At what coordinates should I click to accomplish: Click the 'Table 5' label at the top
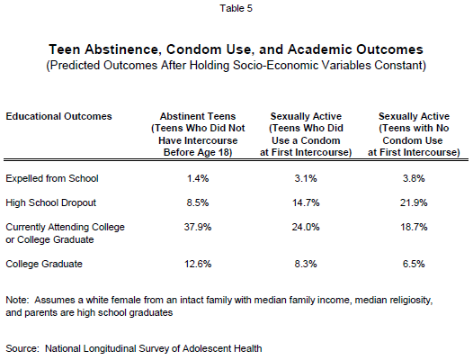(236, 8)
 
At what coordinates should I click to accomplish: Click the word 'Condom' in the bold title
(193, 49)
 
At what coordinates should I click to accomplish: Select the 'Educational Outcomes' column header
(58, 116)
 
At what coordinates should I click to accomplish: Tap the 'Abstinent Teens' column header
(198, 116)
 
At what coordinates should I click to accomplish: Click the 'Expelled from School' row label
(52, 178)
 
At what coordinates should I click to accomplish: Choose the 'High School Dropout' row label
(50, 202)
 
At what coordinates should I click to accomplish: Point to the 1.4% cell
(198, 178)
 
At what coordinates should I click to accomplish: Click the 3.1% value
(306, 178)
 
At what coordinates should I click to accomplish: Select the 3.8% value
(414, 178)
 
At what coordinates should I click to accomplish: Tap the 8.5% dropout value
(198, 202)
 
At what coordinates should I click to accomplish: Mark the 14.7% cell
(306, 202)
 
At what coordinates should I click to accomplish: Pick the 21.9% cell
(414, 202)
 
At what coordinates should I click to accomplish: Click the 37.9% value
(198, 227)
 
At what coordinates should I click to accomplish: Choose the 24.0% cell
(306, 227)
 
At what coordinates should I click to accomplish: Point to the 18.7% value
(414, 227)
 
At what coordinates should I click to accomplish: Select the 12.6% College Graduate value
(198, 264)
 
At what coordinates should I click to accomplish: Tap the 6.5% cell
(414, 264)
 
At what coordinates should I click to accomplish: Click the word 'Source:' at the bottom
(22, 348)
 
